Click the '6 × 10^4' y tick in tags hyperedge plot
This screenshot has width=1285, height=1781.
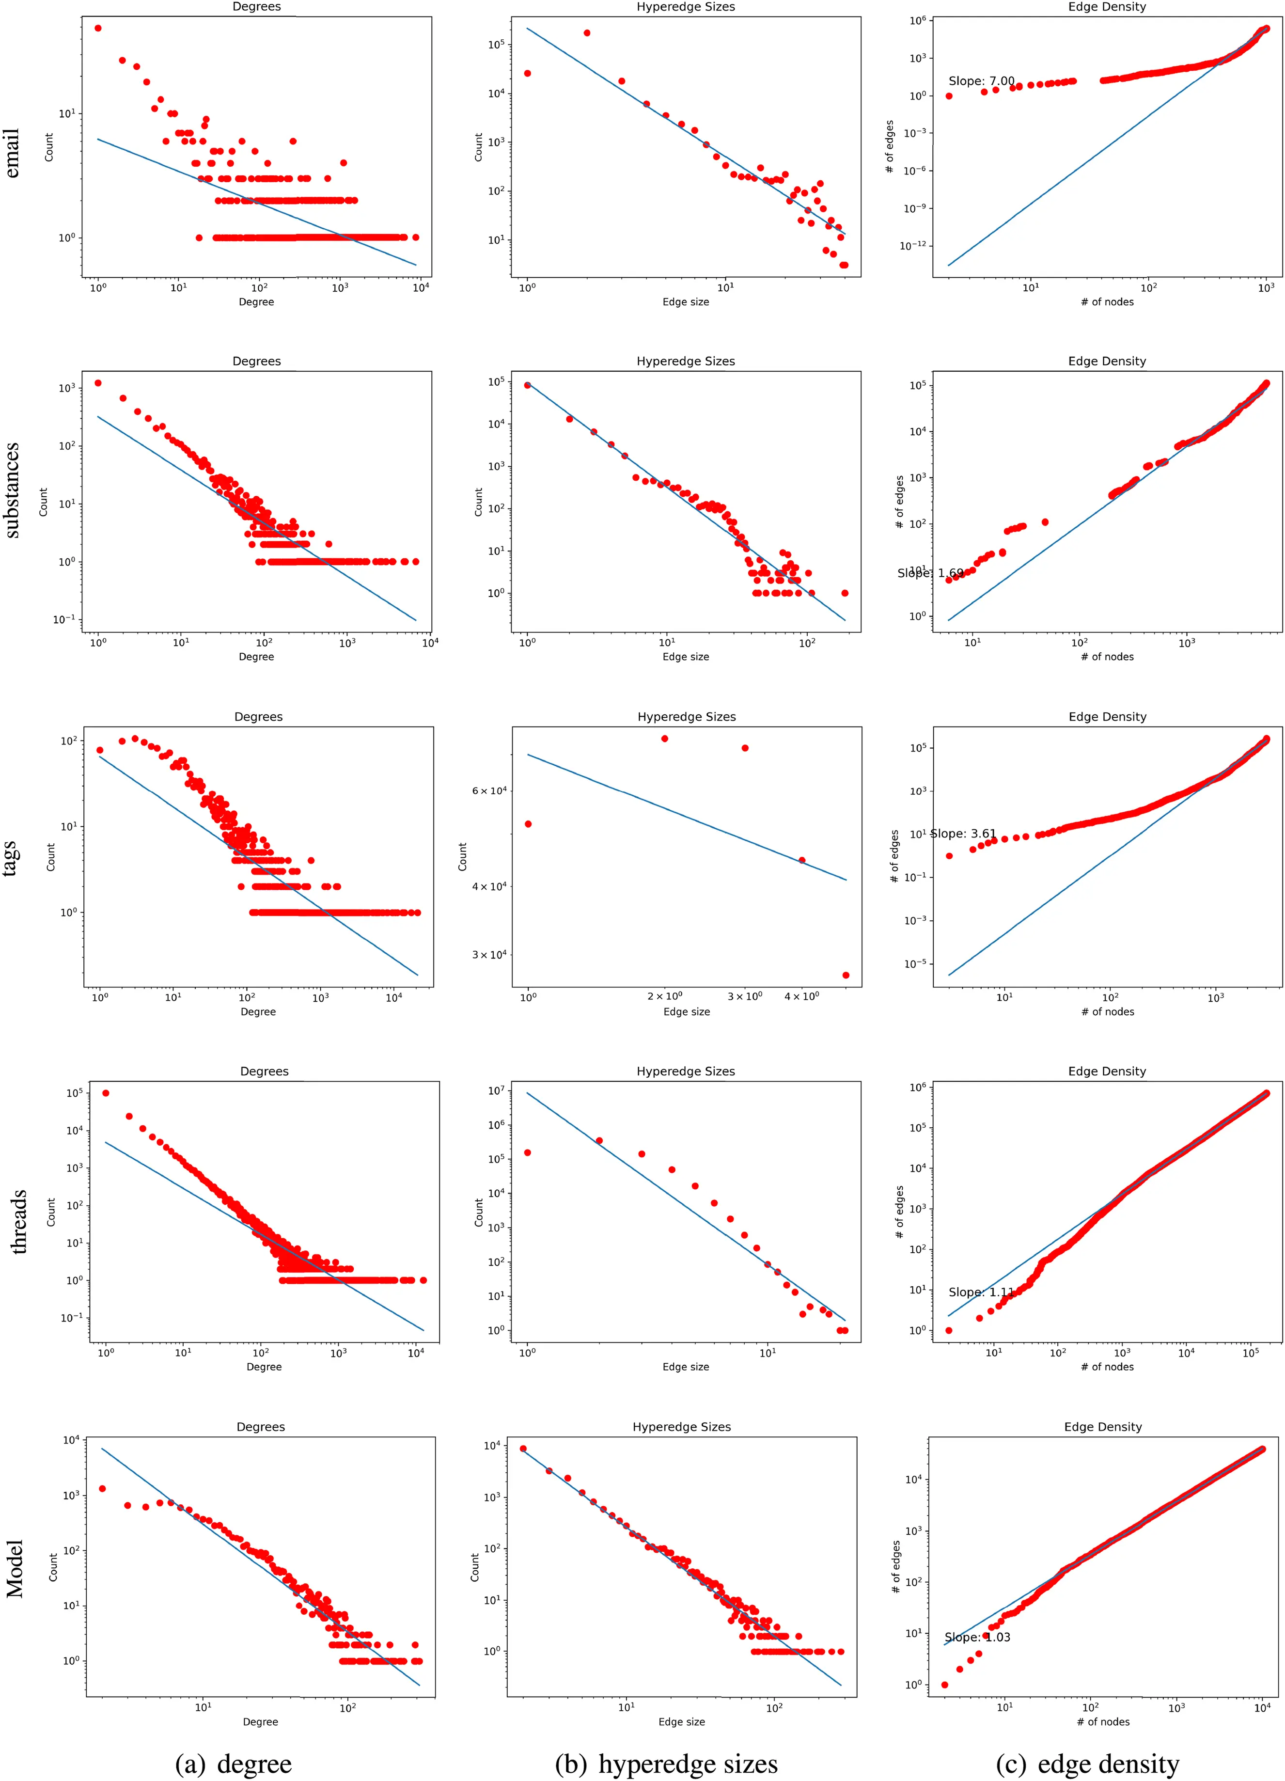pos(488,791)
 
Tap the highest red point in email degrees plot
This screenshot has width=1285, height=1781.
pos(98,28)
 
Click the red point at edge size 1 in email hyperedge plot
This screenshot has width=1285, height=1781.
pos(528,73)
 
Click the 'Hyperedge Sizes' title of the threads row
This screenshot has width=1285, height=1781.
pos(685,1071)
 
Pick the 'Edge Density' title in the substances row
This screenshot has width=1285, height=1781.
pos(1106,361)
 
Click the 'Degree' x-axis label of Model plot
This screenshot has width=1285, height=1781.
pos(260,1721)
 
